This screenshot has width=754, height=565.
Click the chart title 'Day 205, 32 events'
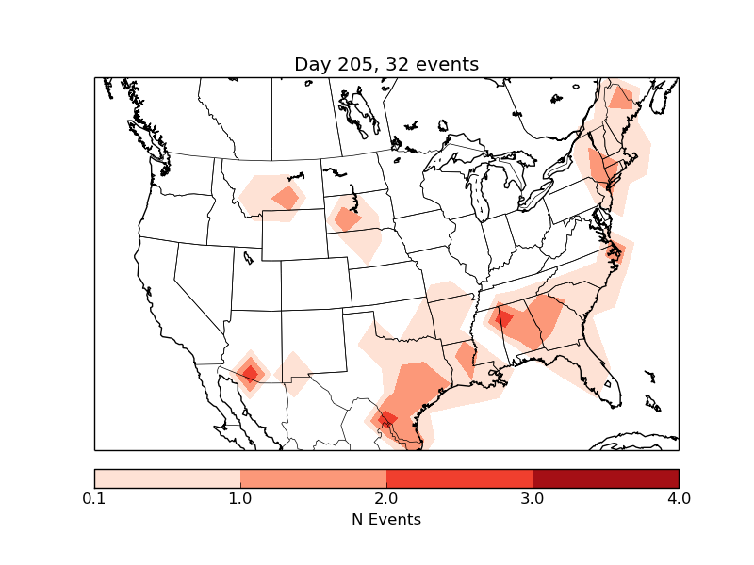386,64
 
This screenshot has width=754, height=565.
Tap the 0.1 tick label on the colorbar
94,498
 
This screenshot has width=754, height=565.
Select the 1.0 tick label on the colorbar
240,498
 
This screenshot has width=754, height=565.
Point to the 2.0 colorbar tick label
386,498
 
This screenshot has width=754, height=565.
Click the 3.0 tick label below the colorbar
533,498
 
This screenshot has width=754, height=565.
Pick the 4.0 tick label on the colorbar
679,498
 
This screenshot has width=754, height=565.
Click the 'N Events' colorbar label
386,519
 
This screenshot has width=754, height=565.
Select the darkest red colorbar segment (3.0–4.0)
605,477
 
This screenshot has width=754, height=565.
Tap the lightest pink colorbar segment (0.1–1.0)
168,477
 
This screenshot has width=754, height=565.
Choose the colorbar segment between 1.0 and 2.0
313,477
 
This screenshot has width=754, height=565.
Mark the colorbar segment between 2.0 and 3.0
459,477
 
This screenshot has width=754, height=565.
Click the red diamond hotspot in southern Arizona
250,373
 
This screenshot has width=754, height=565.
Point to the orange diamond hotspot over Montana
286,198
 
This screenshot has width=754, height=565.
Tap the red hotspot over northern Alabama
503,318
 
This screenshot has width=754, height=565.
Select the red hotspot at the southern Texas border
385,419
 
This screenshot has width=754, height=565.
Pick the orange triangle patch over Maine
621,99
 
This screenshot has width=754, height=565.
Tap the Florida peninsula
604,377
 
